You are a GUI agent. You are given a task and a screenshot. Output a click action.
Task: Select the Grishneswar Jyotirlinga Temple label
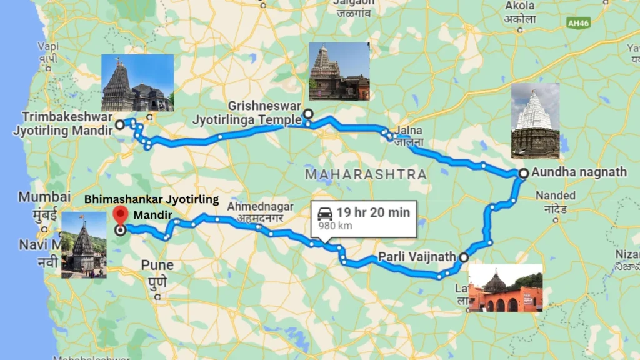point(264,112)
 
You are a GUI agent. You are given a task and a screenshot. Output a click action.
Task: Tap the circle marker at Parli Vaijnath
point(464,257)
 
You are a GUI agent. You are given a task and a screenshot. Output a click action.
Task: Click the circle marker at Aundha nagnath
point(523,173)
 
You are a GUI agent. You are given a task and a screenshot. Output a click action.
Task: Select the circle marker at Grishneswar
point(307,114)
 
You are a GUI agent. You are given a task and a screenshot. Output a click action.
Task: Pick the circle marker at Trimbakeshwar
point(119,124)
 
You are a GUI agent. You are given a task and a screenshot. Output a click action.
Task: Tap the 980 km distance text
point(335,226)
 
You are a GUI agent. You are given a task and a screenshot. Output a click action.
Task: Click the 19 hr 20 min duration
point(373,212)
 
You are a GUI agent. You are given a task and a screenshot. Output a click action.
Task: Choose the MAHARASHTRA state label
point(366,174)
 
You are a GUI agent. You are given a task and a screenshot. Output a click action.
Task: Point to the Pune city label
point(157,265)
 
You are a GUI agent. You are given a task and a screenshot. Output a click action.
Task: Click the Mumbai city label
point(44,197)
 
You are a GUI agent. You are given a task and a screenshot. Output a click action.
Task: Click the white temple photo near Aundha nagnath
point(535,121)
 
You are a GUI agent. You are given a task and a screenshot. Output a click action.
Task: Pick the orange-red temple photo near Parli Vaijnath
point(505,287)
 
